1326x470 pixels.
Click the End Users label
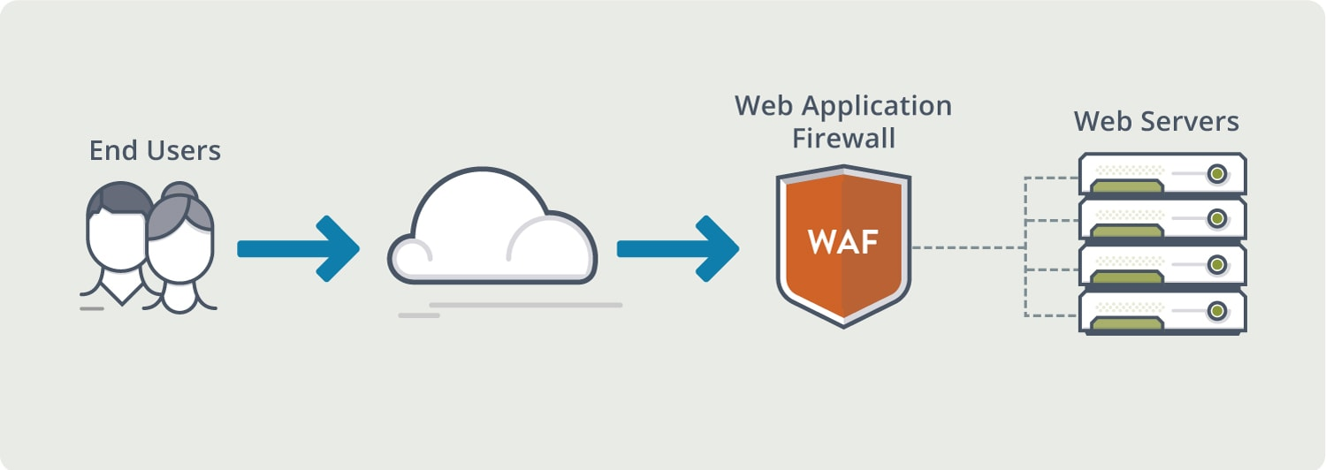point(155,150)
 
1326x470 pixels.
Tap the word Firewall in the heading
point(842,139)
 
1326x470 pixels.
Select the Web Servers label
point(1156,121)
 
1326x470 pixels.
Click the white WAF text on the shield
point(842,242)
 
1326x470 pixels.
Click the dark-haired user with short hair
point(115,230)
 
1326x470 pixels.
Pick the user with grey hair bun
point(180,247)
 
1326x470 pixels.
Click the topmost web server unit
point(1162,173)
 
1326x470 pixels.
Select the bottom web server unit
point(1162,311)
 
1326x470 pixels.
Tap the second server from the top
point(1162,218)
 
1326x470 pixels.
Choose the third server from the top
point(1162,264)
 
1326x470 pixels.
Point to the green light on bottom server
point(1217,310)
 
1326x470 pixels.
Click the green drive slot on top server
point(1126,186)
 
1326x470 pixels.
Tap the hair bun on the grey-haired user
point(180,190)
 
